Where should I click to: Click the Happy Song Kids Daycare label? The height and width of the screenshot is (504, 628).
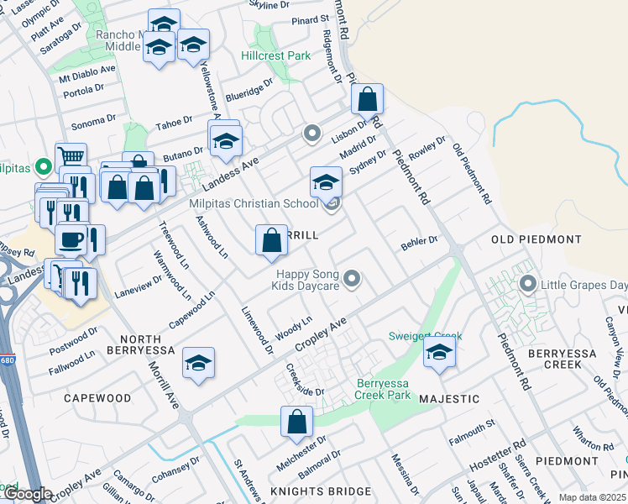[x=305, y=281]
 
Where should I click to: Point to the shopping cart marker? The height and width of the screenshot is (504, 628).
[x=71, y=157]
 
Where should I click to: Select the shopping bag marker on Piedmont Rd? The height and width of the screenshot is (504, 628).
[x=368, y=100]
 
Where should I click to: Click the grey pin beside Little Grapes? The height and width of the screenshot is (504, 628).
[x=528, y=283]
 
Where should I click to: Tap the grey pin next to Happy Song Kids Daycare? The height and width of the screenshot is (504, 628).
[x=353, y=278]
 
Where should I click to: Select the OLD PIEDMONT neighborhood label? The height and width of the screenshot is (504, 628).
[x=536, y=239]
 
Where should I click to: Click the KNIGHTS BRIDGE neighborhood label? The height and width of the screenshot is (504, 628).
[x=321, y=491]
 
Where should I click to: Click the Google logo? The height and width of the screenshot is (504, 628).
[x=27, y=494]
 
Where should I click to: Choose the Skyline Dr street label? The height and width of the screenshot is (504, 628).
[x=269, y=5]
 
